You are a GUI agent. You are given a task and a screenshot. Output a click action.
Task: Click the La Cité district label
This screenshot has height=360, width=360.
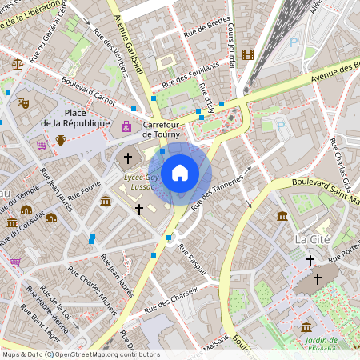point(313,239)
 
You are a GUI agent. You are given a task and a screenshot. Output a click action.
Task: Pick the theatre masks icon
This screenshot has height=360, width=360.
point(23,102)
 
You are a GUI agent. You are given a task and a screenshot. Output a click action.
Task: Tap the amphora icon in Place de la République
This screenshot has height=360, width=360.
point(61,142)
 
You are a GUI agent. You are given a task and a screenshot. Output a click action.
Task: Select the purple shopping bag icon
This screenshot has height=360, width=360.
point(126,126)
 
